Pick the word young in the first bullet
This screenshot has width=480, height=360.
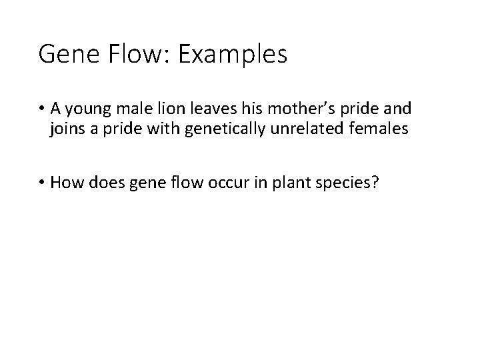tap(87, 109)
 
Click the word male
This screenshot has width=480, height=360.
tap(133, 109)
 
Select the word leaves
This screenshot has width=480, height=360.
tap(214, 109)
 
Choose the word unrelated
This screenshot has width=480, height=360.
tap(307, 129)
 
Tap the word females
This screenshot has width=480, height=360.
tap(376, 129)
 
